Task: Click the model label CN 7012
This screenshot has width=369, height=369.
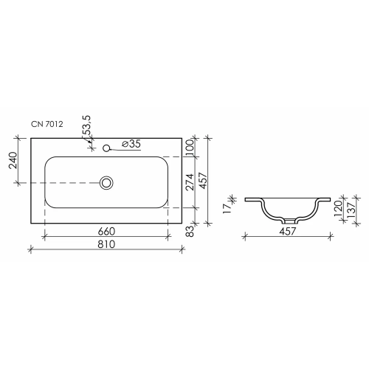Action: point(47,124)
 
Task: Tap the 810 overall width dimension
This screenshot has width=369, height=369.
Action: point(106,244)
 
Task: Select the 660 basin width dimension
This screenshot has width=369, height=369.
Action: point(106,231)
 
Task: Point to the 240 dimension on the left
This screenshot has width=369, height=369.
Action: point(13,160)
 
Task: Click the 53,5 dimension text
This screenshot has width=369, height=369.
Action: point(86,125)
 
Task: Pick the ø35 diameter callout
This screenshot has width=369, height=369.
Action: point(131,144)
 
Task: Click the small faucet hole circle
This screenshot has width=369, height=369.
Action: point(106,148)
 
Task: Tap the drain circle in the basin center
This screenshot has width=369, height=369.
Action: point(106,183)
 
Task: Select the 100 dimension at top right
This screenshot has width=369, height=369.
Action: point(190,147)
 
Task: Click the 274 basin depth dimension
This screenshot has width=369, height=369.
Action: point(190,182)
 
